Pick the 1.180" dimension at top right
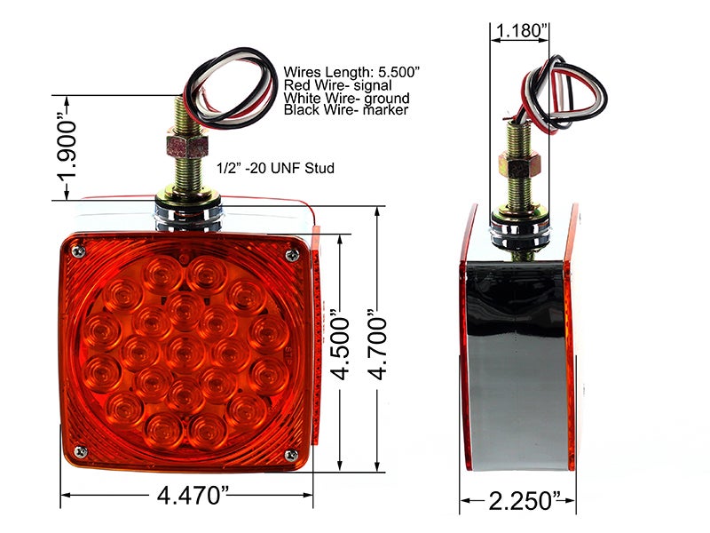519,32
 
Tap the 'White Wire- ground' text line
346,98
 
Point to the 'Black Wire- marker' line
346,110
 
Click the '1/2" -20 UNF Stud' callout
275,168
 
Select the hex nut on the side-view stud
517,163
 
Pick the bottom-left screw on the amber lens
81,452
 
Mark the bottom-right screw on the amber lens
289,455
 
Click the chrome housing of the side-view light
517,364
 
